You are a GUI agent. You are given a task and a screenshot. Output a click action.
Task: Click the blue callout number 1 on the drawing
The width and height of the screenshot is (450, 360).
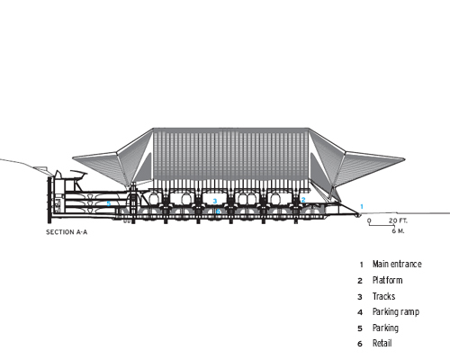362,206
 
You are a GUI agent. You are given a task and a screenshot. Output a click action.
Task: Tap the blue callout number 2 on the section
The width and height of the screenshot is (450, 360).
303,200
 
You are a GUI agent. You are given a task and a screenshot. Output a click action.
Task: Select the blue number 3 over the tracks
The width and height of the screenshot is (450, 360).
215,201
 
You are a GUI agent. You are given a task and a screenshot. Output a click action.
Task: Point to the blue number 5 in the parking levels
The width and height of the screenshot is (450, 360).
109,203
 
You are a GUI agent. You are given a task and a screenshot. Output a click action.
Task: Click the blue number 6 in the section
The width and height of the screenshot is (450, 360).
218,211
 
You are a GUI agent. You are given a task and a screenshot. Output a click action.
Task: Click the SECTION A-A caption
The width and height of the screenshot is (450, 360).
67,232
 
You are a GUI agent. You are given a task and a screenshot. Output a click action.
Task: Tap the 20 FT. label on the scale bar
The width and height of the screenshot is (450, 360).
398,220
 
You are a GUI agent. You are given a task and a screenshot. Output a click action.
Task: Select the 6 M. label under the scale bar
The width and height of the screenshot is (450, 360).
398,231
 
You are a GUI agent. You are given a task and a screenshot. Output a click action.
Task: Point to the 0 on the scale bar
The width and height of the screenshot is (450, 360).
369,220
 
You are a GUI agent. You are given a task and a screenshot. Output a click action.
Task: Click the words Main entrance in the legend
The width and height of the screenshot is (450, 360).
397,264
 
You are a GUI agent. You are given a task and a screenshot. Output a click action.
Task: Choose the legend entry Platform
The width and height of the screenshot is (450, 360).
387,280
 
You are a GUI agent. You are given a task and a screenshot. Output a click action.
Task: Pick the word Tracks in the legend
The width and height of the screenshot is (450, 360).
383,296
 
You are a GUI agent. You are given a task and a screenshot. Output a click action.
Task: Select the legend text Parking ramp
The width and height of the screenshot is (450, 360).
396,312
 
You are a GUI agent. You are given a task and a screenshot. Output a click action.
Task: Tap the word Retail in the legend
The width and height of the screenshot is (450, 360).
382,343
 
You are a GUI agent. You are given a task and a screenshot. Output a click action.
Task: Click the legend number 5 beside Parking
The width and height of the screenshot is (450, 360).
360,328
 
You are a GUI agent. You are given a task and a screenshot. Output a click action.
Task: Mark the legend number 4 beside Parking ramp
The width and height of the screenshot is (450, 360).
360,312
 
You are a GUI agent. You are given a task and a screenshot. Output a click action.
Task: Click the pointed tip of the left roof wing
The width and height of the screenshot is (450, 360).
73,157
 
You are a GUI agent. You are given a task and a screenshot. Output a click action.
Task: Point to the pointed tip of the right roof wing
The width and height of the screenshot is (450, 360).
405,159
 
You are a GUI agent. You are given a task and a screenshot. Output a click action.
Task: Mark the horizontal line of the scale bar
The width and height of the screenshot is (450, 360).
382,225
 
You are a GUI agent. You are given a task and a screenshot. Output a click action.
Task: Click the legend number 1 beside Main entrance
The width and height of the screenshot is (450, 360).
362,265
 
